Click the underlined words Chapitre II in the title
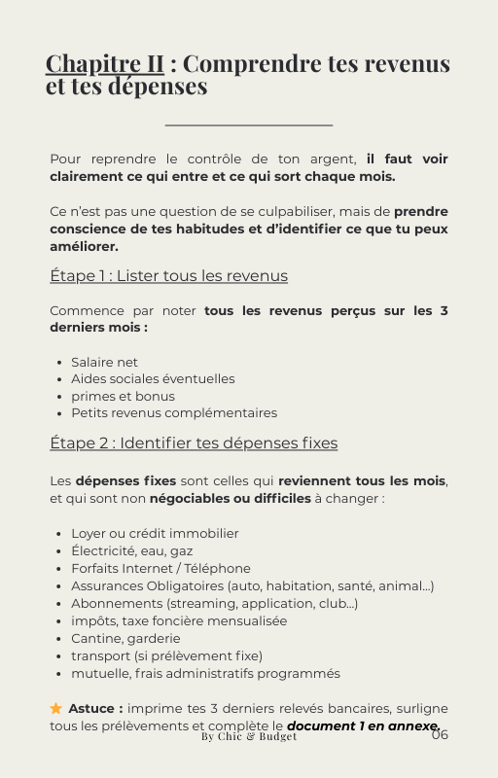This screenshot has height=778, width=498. pyautogui.click(x=105, y=64)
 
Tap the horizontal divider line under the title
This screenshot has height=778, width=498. pyautogui.click(x=249, y=124)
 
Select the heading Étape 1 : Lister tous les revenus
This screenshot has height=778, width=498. pyautogui.click(x=168, y=276)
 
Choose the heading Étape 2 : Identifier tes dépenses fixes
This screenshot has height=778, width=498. pyautogui.click(x=194, y=443)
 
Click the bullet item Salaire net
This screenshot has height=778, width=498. pyautogui.click(x=104, y=363)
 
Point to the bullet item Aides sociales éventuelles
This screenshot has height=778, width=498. pyautogui.click(x=153, y=379)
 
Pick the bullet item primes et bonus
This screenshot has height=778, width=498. pyautogui.click(x=123, y=397)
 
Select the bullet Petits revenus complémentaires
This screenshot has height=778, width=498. pyautogui.click(x=173, y=413)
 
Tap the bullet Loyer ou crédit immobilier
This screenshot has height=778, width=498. pyautogui.click(x=155, y=534)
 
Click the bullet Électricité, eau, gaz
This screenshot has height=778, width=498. pyautogui.click(x=131, y=551)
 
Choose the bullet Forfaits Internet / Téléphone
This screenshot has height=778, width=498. pyautogui.click(x=160, y=569)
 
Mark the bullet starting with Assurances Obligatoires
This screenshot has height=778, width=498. pyautogui.click(x=252, y=586)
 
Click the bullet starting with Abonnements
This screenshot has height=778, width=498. pyautogui.click(x=214, y=604)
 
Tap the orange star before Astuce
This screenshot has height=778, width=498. pyautogui.click(x=56, y=709)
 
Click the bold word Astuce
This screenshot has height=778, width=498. pyautogui.click(x=95, y=709)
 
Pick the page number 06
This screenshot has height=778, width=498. pyautogui.click(x=440, y=735)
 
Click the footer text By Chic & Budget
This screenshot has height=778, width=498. pyautogui.click(x=249, y=737)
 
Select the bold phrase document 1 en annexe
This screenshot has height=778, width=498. pyautogui.click(x=362, y=726)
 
